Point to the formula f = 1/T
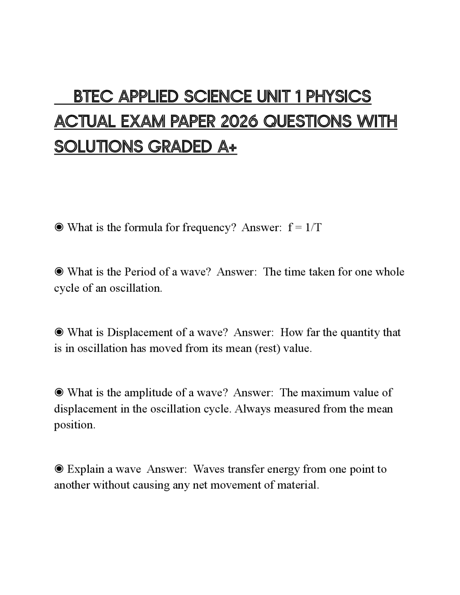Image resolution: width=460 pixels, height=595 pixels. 305,227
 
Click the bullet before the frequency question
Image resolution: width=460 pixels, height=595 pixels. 59,227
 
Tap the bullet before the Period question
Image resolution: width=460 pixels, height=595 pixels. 59,272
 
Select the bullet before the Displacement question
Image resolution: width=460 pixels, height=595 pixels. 59,332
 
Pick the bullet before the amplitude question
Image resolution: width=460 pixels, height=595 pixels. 59,393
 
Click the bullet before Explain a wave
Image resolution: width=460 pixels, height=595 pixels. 59,469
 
